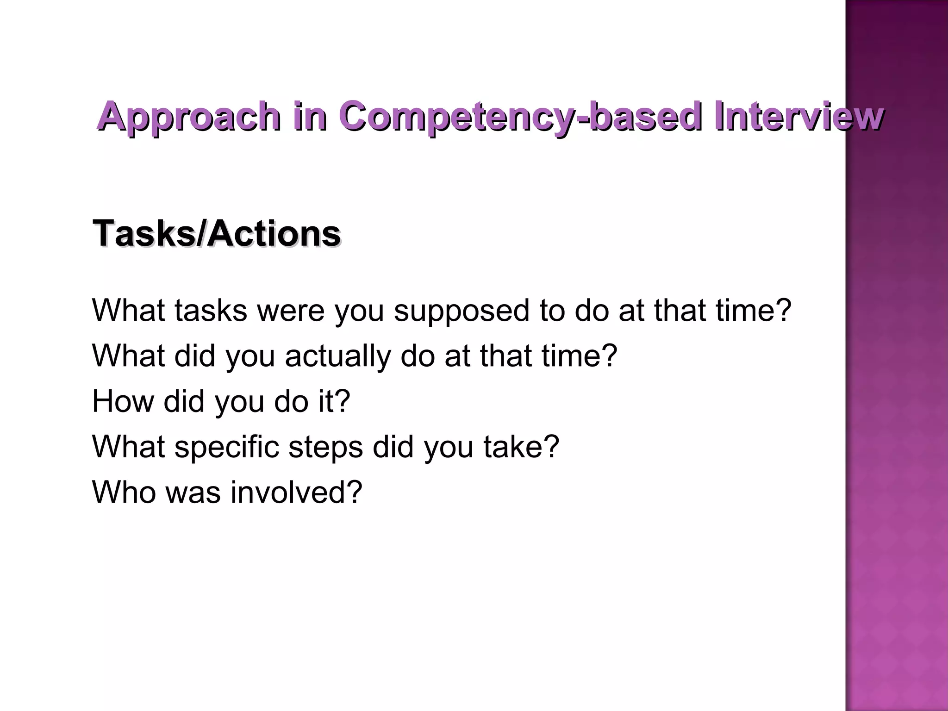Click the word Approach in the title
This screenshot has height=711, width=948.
[x=189, y=117]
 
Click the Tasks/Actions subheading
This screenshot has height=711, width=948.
[x=217, y=233]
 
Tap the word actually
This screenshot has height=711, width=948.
[x=337, y=356]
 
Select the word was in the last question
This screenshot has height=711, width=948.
[x=193, y=493]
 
